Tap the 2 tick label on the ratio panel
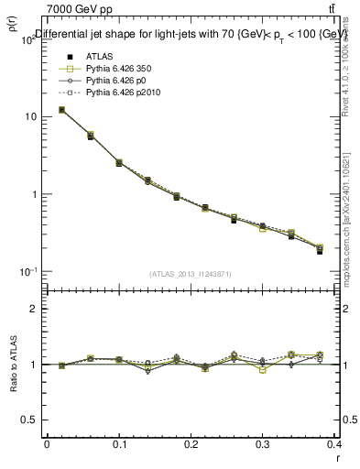coord(34,309)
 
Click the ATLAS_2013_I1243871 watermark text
coord(191,274)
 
